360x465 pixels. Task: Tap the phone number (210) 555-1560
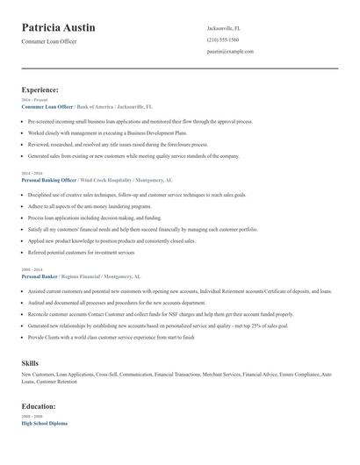(x=223, y=39)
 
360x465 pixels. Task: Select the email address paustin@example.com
(x=230, y=51)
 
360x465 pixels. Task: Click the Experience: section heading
(x=40, y=89)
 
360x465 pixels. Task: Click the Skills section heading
(x=30, y=361)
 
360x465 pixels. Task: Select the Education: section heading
(x=39, y=406)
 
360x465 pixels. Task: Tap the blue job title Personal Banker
(x=41, y=275)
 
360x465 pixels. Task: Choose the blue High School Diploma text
(x=44, y=424)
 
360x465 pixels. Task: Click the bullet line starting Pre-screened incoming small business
(x=128, y=122)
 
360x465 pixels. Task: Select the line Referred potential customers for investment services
(x=82, y=251)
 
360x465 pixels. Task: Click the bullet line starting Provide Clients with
(x=111, y=336)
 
